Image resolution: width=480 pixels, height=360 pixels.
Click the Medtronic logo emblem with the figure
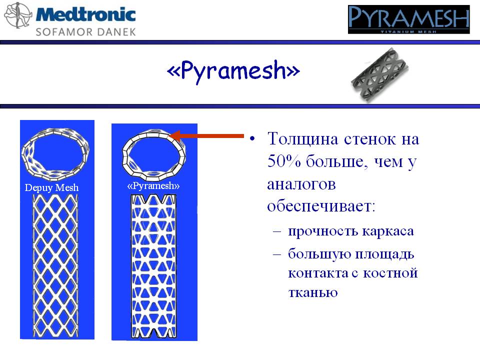17,15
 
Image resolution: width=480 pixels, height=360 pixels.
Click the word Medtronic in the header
85,14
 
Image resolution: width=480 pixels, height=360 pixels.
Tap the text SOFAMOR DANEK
85,32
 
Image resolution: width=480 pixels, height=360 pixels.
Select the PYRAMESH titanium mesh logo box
408,19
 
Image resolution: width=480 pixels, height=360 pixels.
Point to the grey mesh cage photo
380,74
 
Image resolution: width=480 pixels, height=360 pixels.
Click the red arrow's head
175,135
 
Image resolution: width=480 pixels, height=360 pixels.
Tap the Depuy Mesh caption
51,187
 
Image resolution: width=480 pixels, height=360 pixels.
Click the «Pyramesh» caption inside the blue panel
153,186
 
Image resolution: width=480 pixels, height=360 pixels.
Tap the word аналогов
301,184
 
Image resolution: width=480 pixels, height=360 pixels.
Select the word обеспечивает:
321,205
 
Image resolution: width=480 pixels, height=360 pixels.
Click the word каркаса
388,231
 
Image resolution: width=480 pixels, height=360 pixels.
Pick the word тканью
313,292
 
